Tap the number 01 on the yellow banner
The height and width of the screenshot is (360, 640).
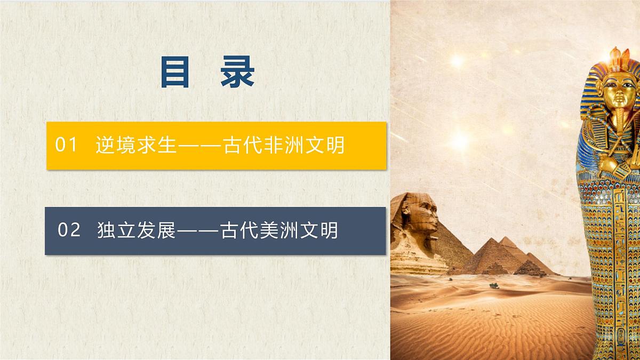(67, 145)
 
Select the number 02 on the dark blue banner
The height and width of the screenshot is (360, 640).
(69, 230)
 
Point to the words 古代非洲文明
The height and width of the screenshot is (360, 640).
(284, 145)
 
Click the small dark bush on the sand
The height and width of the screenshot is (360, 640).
(494, 285)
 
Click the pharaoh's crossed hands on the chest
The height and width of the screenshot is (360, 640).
(613, 160)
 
